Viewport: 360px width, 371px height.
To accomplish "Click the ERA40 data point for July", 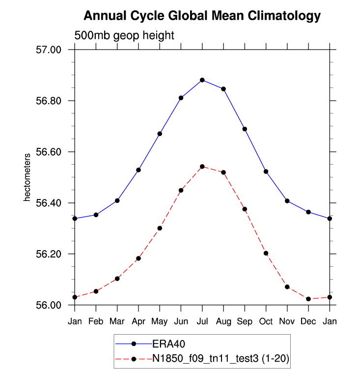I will click(x=202, y=80).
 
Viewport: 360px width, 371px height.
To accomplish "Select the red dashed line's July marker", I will click(x=202, y=167).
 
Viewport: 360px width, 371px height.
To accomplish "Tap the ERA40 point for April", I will click(x=138, y=170).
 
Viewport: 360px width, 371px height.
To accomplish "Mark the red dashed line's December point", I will click(x=308, y=299).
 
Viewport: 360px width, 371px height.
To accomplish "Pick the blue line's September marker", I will click(x=245, y=129).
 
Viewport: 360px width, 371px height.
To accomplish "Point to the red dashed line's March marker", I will click(x=117, y=279).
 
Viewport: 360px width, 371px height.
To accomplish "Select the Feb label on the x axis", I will click(x=96, y=321).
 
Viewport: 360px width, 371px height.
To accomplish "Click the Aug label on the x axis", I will click(x=223, y=321).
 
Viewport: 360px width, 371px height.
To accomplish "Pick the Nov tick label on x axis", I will click(x=287, y=321).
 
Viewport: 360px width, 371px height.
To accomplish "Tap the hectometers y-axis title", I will click(x=28, y=177).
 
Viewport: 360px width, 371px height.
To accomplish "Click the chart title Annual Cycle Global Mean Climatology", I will click(x=202, y=16).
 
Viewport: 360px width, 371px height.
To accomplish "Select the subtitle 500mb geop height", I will click(x=124, y=35).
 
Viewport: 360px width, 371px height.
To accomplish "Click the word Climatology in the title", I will click(x=284, y=16).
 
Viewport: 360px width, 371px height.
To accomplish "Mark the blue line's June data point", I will click(x=181, y=98).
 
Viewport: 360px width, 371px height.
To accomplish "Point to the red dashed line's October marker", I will click(x=266, y=253).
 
